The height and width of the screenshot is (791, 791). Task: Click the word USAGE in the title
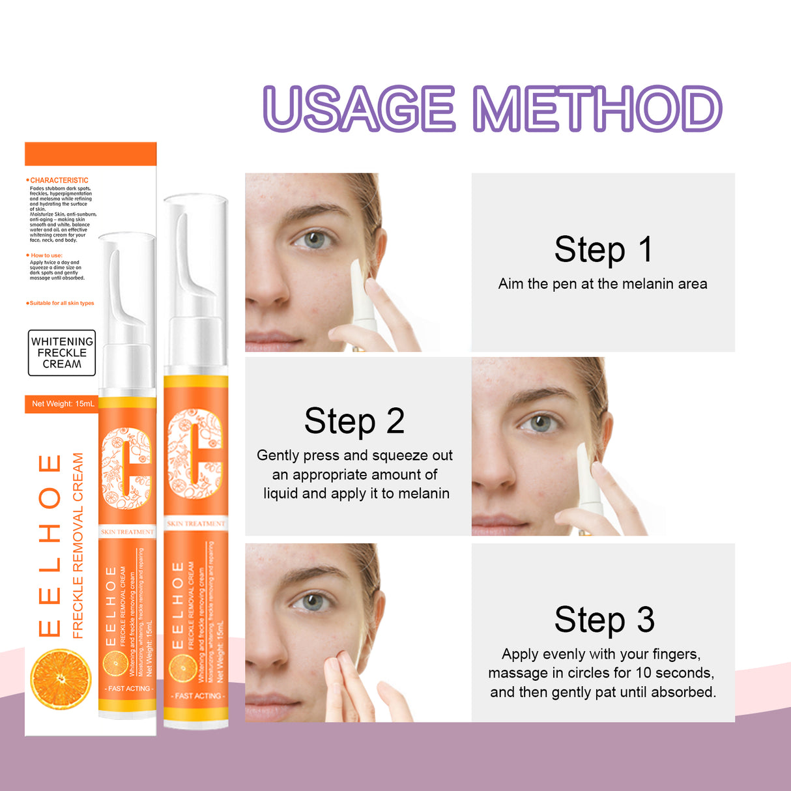(x=359, y=109)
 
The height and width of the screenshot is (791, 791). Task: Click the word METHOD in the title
(x=597, y=109)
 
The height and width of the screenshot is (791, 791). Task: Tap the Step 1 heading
(x=603, y=250)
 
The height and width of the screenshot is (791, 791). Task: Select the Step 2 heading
(x=354, y=422)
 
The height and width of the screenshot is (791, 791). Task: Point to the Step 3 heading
(x=604, y=620)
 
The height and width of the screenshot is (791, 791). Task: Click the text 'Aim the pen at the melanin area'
(x=603, y=284)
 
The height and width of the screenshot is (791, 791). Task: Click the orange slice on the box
(x=61, y=679)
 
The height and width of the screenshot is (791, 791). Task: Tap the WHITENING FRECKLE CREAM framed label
(x=62, y=352)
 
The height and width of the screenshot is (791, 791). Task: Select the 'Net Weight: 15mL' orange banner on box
(x=63, y=404)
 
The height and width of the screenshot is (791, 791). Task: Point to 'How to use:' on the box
(x=46, y=255)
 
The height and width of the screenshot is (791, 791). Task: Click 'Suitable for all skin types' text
(x=61, y=303)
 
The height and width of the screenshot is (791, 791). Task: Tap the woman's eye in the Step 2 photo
(x=538, y=424)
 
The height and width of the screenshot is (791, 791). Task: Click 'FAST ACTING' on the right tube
(x=197, y=696)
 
